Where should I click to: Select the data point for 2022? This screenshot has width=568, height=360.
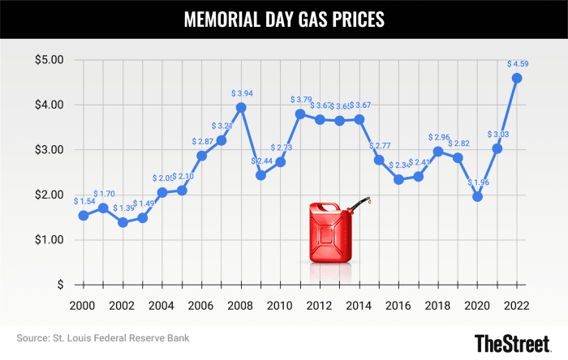[517, 78]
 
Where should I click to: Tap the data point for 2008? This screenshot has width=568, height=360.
[241, 107]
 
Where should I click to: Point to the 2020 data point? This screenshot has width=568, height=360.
[478, 196]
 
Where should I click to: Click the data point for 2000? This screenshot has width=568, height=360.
[84, 215]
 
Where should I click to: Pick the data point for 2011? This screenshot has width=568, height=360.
[300, 114]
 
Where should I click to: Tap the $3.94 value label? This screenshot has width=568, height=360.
[243, 93]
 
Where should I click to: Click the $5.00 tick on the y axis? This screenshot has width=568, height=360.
[51, 59]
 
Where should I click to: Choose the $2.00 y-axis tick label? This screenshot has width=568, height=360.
[51, 195]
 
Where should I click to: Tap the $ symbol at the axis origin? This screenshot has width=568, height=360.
[59, 285]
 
